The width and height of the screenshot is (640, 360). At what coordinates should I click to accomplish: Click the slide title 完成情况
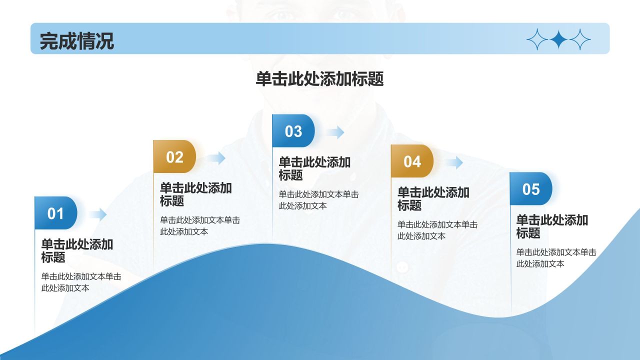coord(76,40)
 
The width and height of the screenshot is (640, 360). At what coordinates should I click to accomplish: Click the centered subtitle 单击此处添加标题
coord(319,79)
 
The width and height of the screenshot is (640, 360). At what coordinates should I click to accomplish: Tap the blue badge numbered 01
coord(56,213)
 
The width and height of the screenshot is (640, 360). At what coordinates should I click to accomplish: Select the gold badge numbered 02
coord(174,157)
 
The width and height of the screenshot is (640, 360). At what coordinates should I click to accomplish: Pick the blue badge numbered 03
coord(293,131)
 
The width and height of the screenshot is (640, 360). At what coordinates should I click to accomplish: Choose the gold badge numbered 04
coord(412,161)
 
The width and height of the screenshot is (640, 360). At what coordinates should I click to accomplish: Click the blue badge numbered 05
coord(531,189)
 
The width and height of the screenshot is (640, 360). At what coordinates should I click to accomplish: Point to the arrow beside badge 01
coord(98,214)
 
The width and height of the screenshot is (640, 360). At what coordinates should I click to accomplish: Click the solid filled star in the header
coord(558,39)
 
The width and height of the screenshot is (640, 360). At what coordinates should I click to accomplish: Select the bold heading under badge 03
coord(314,168)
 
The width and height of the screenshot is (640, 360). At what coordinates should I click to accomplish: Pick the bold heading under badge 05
coord(551,226)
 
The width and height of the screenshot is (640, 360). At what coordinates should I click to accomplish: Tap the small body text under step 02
coord(199,225)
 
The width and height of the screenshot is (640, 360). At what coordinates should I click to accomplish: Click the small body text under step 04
coord(437,230)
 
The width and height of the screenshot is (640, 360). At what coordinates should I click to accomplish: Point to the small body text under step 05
coord(555,258)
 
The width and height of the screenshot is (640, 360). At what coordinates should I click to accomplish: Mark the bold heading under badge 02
coord(195,194)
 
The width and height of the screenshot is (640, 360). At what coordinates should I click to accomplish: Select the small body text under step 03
coord(318,200)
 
